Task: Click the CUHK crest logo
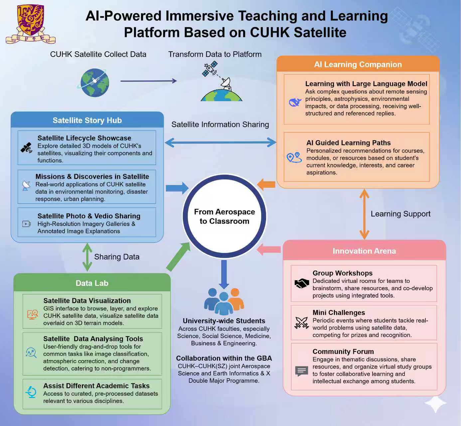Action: pyautogui.click(x=30, y=24)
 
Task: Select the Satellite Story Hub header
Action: pyautogui.click(x=87, y=120)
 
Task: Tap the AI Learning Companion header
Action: pyautogui.click(x=358, y=64)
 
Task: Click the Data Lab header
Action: pyautogui.click(x=92, y=283)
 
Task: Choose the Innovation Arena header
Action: pyautogui.click(x=364, y=251)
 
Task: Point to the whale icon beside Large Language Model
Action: pyautogui.click(x=295, y=102)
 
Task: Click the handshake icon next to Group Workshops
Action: pyautogui.click(x=302, y=283)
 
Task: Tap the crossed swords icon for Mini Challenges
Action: pyautogui.click(x=302, y=322)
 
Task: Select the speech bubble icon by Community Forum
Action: pyautogui.click(x=302, y=371)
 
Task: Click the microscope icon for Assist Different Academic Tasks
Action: pyautogui.click(x=31, y=392)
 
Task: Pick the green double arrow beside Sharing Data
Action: pyautogui.click(x=87, y=257)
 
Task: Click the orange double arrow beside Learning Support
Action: pyautogui.click(x=364, y=214)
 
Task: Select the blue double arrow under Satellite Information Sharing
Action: pyautogui.click(x=220, y=142)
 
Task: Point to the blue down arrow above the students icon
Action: pyautogui.click(x=224, y=274)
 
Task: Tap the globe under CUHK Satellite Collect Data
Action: pyautogui.click(x=94, y=83)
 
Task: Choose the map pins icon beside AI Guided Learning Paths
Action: pyautogui.click(x=294, y=157)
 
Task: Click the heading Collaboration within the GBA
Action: pyautogui.click(x=224, y=358)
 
